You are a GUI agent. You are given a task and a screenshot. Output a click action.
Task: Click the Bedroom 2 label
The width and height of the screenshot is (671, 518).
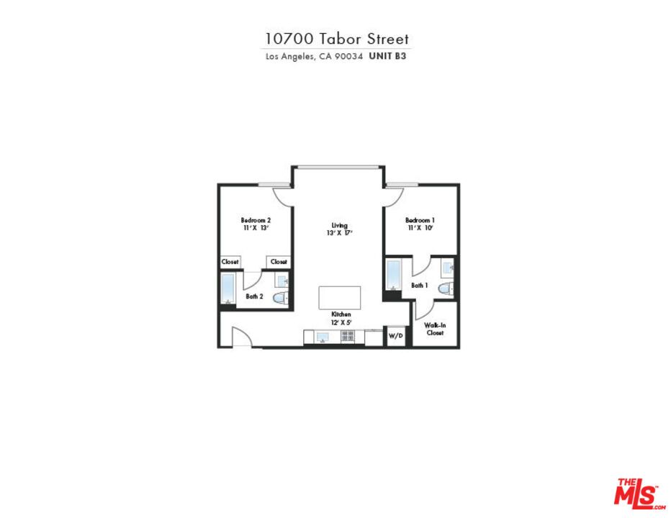pyautogui.click(x=256, y=220)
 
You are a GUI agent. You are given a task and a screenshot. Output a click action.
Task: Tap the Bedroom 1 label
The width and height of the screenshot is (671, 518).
pyautogui.click(x=420, y=220)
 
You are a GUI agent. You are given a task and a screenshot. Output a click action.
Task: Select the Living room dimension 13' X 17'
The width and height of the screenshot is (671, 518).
pyautogui.click(x=335, y=233)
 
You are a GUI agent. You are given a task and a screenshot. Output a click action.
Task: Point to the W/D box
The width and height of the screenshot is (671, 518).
pyautogui.click(x=395, y=336)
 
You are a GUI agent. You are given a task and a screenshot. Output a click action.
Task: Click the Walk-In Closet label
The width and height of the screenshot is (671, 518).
pyautogui.click(x=435, y=330)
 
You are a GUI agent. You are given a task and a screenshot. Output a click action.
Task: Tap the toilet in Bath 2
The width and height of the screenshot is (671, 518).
pyautogui.click(x=281, y=297)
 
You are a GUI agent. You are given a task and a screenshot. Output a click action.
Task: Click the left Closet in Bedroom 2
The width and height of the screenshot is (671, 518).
pyautogui.click(x=230, y=262)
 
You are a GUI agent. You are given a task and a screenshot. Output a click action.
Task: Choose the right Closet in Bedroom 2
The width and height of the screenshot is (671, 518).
pyautogui.click(x=279, y=262)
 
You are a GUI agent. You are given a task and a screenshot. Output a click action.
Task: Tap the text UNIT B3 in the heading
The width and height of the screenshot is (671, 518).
pyautogui.click(x=387, y=55)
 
